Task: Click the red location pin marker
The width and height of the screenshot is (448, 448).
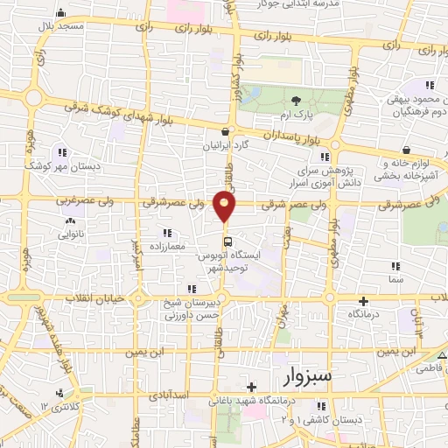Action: click(x=226, y=205)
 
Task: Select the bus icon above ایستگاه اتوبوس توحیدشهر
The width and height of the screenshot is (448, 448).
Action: click(x=227, y=241)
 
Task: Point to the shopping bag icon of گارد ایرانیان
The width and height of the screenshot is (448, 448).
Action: click(x=227, y=131)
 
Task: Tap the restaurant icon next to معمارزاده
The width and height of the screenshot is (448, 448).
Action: click(x=166, y=233)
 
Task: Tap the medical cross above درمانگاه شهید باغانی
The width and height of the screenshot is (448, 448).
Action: click(x=251, y=387)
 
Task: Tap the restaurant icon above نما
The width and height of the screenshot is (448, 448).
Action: click(x=395, y=266)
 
